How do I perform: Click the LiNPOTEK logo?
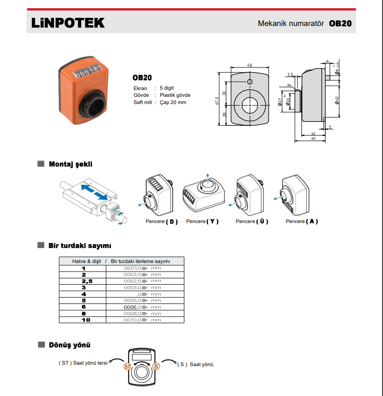(67, 23)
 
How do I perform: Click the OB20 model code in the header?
(340, 23)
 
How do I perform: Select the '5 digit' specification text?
(167, 88)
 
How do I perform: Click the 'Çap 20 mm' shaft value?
(173, 102)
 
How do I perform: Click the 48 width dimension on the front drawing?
(249, 65)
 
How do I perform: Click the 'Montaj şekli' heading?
(70, 164)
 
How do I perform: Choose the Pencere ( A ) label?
(302, 222)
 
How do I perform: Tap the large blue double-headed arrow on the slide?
(94, 191)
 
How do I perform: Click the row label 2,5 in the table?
(83, 281)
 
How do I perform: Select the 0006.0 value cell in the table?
(132, 307)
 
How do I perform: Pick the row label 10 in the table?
(83, 319)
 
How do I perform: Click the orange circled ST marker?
(127, 367)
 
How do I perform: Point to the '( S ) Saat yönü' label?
(195, 364)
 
